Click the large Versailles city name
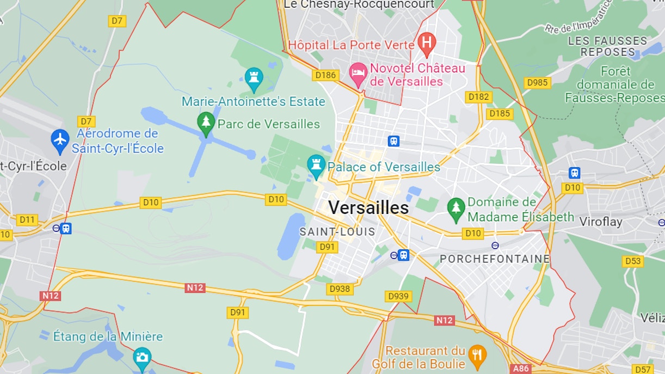[x=368, y=207]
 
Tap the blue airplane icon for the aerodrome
[x=60, y=140]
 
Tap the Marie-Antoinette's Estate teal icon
[x=253, y=78]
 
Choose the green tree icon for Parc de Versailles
[x=206, y=123]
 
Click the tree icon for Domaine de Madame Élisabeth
[x=455, y=209]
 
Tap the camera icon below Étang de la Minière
[x=142, y=357]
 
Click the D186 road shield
[x=325, y=75]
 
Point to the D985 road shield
[x=537, y=83]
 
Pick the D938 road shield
[x=340, y=289]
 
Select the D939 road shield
[x=398, y=296]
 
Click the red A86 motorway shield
[x=521, y=369]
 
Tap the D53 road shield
[x=633, y=261]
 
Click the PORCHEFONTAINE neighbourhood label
[x=494, y=259]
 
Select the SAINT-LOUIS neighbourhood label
[x=337, y=232]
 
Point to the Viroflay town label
[x=600, y=222]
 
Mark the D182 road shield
[x=479, y=97]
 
